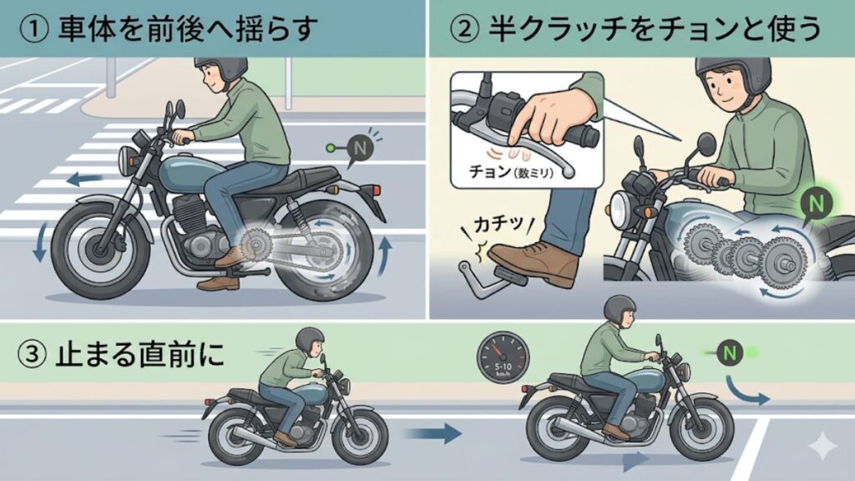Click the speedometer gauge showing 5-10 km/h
pyautogui.click(x=503, y=360)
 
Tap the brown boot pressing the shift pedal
pyautogui.click(x=534, y=261)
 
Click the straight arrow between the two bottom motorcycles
pyautogui.click(x=434, y=433)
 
